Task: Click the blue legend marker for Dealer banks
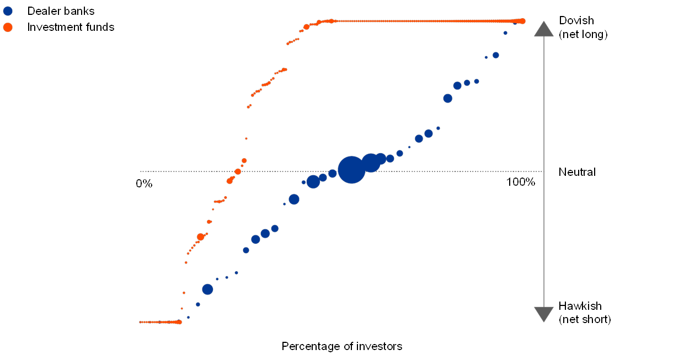coord(8,10)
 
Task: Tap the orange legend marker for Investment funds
coord(8,27)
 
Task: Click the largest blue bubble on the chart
coord(351,169)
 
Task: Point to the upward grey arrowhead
coord(544,29)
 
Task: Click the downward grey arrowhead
coord(544,314)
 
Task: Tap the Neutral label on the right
coord(577,172)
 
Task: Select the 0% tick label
coord(144,183)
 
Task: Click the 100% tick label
coord(521,182)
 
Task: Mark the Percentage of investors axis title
coord(344,346)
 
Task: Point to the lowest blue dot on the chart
coord(188,318)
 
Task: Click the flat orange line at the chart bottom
coord(159,322)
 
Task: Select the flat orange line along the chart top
coord(425,21)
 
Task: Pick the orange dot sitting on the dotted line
coord(238,171)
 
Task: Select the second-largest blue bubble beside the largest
coord(371,163)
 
